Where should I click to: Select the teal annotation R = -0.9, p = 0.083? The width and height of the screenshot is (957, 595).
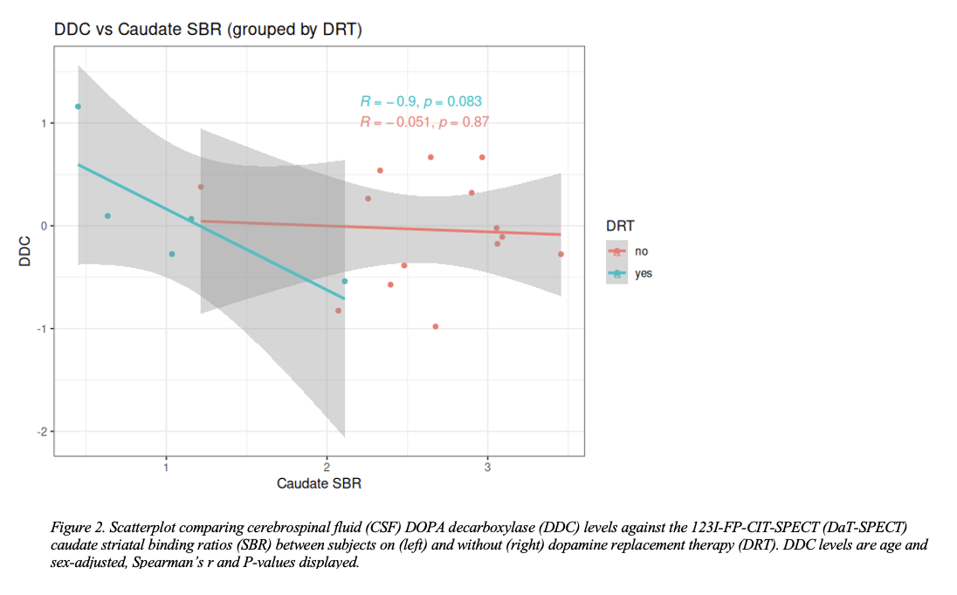421,102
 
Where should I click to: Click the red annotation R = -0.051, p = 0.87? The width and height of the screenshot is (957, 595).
424,122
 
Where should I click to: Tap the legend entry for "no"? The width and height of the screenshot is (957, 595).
642,251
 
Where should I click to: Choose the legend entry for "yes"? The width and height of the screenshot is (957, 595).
644,273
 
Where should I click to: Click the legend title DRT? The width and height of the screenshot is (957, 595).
620,226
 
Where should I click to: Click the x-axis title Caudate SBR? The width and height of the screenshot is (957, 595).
319,482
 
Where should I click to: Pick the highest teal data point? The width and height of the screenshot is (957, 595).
78,106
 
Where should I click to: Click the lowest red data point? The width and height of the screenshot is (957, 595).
435,326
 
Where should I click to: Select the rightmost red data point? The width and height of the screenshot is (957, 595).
561,254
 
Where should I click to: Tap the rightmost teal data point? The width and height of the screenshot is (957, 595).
345,281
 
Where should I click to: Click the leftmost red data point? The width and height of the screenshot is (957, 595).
201,187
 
